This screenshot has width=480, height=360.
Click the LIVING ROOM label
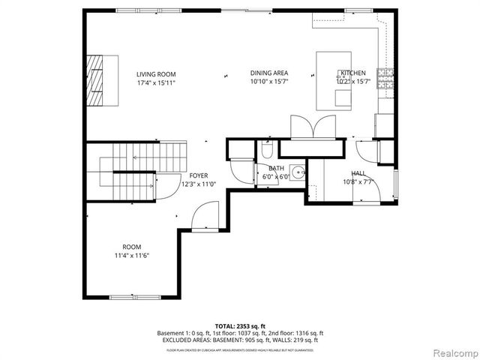coord(156,73)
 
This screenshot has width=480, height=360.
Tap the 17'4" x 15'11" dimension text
coord(156,83)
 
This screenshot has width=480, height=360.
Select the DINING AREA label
coord(268,73)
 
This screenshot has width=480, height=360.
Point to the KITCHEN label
coord(352,73)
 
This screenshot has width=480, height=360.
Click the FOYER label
coord(198,175)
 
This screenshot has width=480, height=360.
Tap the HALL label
coord(358,172)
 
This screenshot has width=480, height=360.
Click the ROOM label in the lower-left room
coord(132,247)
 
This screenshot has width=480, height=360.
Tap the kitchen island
coord(335,80)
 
